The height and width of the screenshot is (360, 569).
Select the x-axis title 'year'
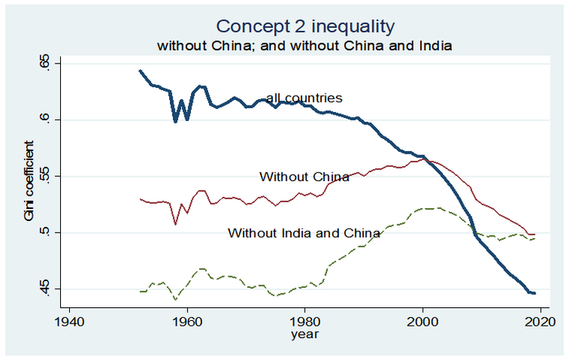pyautogui.click(x=306, y=333)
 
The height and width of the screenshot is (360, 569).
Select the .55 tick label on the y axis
pyautogui.click(x=46, y=176)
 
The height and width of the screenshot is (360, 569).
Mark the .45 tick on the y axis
pyautogui.click(x=46, y=289)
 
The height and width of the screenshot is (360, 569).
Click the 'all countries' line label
pyautogui.click(x=304, y=98)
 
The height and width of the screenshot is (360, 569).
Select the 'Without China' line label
pyautogui.click(x=304, y=176)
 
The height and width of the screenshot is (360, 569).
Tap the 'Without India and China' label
pyautogui.click(x=304, y=233)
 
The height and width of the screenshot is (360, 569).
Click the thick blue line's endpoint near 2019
pyautogui.click(x=534, y=293)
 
